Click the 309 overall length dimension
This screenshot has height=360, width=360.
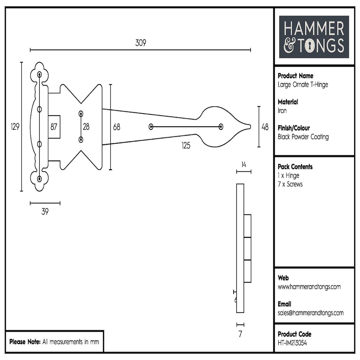[x=140, y=43]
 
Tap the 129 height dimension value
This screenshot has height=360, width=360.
[x=15, y=127]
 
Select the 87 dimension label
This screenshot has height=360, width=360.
[x=54, y=127]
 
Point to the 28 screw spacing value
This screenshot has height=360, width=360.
[x=86, y=127]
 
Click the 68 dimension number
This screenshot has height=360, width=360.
[x=117, y=127]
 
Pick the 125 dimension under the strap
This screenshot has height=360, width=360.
[x=185, y=145]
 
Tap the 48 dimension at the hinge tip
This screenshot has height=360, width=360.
[x=265, y=127]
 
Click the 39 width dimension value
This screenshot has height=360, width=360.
[x=45, y=212]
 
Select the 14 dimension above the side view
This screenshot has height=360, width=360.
[x=244, y=164]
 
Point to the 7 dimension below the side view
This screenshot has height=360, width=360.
[x=240, y=334]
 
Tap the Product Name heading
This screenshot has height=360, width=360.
[x=295, y=76]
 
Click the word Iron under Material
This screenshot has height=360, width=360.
[x=282, y=111]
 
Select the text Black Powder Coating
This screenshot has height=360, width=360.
[x=303, y=137]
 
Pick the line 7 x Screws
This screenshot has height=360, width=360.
[x=290, y=184]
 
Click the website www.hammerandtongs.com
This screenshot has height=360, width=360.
[x=309, y=287]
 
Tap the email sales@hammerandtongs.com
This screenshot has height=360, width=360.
[x=310, y=313]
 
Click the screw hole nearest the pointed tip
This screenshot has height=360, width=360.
[x=221, y=127]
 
